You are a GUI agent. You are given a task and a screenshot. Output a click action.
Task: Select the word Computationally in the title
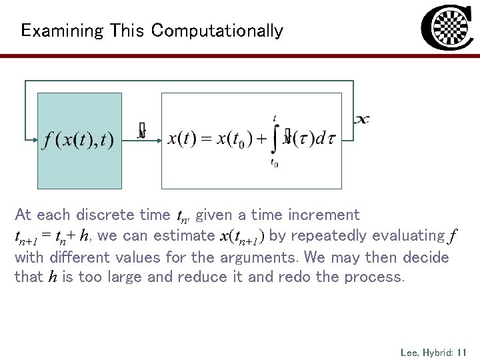[217, 31]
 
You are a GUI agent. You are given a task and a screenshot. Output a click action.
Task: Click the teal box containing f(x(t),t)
[79, 141]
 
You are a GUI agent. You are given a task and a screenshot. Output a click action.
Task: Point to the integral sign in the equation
[274, 140]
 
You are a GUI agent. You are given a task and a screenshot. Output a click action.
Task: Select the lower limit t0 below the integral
[274, 162]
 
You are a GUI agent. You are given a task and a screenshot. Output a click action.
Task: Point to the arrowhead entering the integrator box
[158, 141]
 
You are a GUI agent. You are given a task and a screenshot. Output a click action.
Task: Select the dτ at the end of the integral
[324, 140]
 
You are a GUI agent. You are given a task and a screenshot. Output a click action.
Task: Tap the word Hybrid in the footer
[437, 351]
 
